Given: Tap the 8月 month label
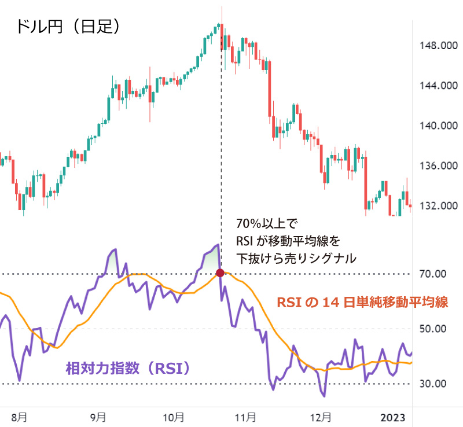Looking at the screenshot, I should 19,416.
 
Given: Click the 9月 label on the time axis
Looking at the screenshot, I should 98,416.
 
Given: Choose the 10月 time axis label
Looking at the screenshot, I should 174,416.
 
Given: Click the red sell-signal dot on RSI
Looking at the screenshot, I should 220,273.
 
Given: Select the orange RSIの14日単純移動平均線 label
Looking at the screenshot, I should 363,302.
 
